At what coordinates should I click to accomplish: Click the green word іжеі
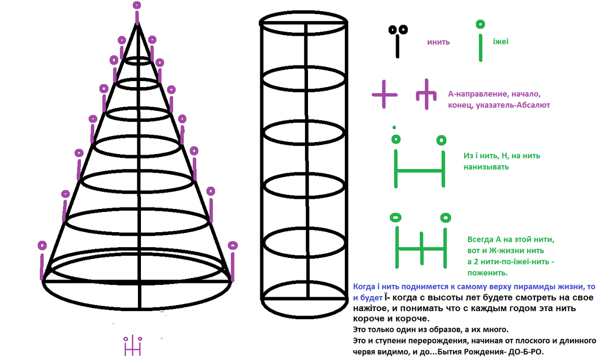pyautogui.click(x=501, y=42)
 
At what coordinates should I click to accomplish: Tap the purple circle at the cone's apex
pyautogui.click(x=137, y=6)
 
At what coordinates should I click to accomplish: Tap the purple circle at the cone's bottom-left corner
pyautogui.click(x=43, y=245)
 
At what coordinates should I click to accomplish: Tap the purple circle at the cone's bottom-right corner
pyautogui.click(x=233, y=245)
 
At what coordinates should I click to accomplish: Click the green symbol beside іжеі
pyautogui.click(x=481, y=37)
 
